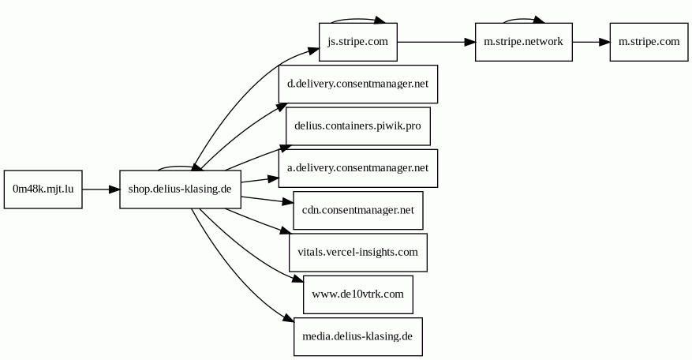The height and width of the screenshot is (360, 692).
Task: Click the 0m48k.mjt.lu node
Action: pyautogui.click(x=43, y=189)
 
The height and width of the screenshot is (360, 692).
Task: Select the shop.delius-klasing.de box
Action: pyautogui.click(x=180, y=189)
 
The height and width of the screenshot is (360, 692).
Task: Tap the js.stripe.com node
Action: pyautogui.click(x=358, y=42)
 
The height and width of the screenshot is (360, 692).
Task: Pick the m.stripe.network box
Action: pyautogui.click(x=523, y=42)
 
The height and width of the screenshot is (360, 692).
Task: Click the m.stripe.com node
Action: pyautogui.click(x=649, y=42)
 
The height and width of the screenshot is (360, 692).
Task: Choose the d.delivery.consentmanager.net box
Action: pyautogui.click(x=358, y=84)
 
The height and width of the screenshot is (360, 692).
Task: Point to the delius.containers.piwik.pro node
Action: pyautogui.click(x=358, y=126)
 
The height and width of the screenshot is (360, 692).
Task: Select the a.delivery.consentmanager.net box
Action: pyautogui.click(x=358, y=168)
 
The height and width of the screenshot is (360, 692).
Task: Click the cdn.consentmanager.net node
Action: pyautogui.click(x=358, y=210)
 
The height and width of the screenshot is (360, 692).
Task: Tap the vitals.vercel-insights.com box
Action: pyautogui.click(x=358, y=252)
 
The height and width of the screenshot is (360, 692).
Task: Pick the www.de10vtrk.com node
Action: pyautogui.click(x=358, y=294)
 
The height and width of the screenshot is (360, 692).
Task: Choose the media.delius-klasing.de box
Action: pyautogui.click(x=358, y=336)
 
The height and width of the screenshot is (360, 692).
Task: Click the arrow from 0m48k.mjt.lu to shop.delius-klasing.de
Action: pyautogui.click(x=101, y=189)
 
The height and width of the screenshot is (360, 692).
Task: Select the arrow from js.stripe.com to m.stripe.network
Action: pyautogui.click(x=436, y=42)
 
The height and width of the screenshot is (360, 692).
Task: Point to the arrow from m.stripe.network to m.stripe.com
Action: pyautogui.click(x=591, y=42)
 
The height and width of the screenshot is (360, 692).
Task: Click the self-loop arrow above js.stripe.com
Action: pyautogui.click(x=358, y=18)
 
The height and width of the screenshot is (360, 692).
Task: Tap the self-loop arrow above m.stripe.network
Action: pyautogui.click(x=523, y=19)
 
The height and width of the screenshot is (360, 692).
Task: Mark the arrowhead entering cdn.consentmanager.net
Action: pyautogui.click(x=288, y=202)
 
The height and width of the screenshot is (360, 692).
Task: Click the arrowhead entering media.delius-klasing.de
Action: pyautogui.click(x=289, y=318)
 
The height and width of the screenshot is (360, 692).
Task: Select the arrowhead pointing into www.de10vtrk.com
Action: pyautogui.click(x=298, y=279)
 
